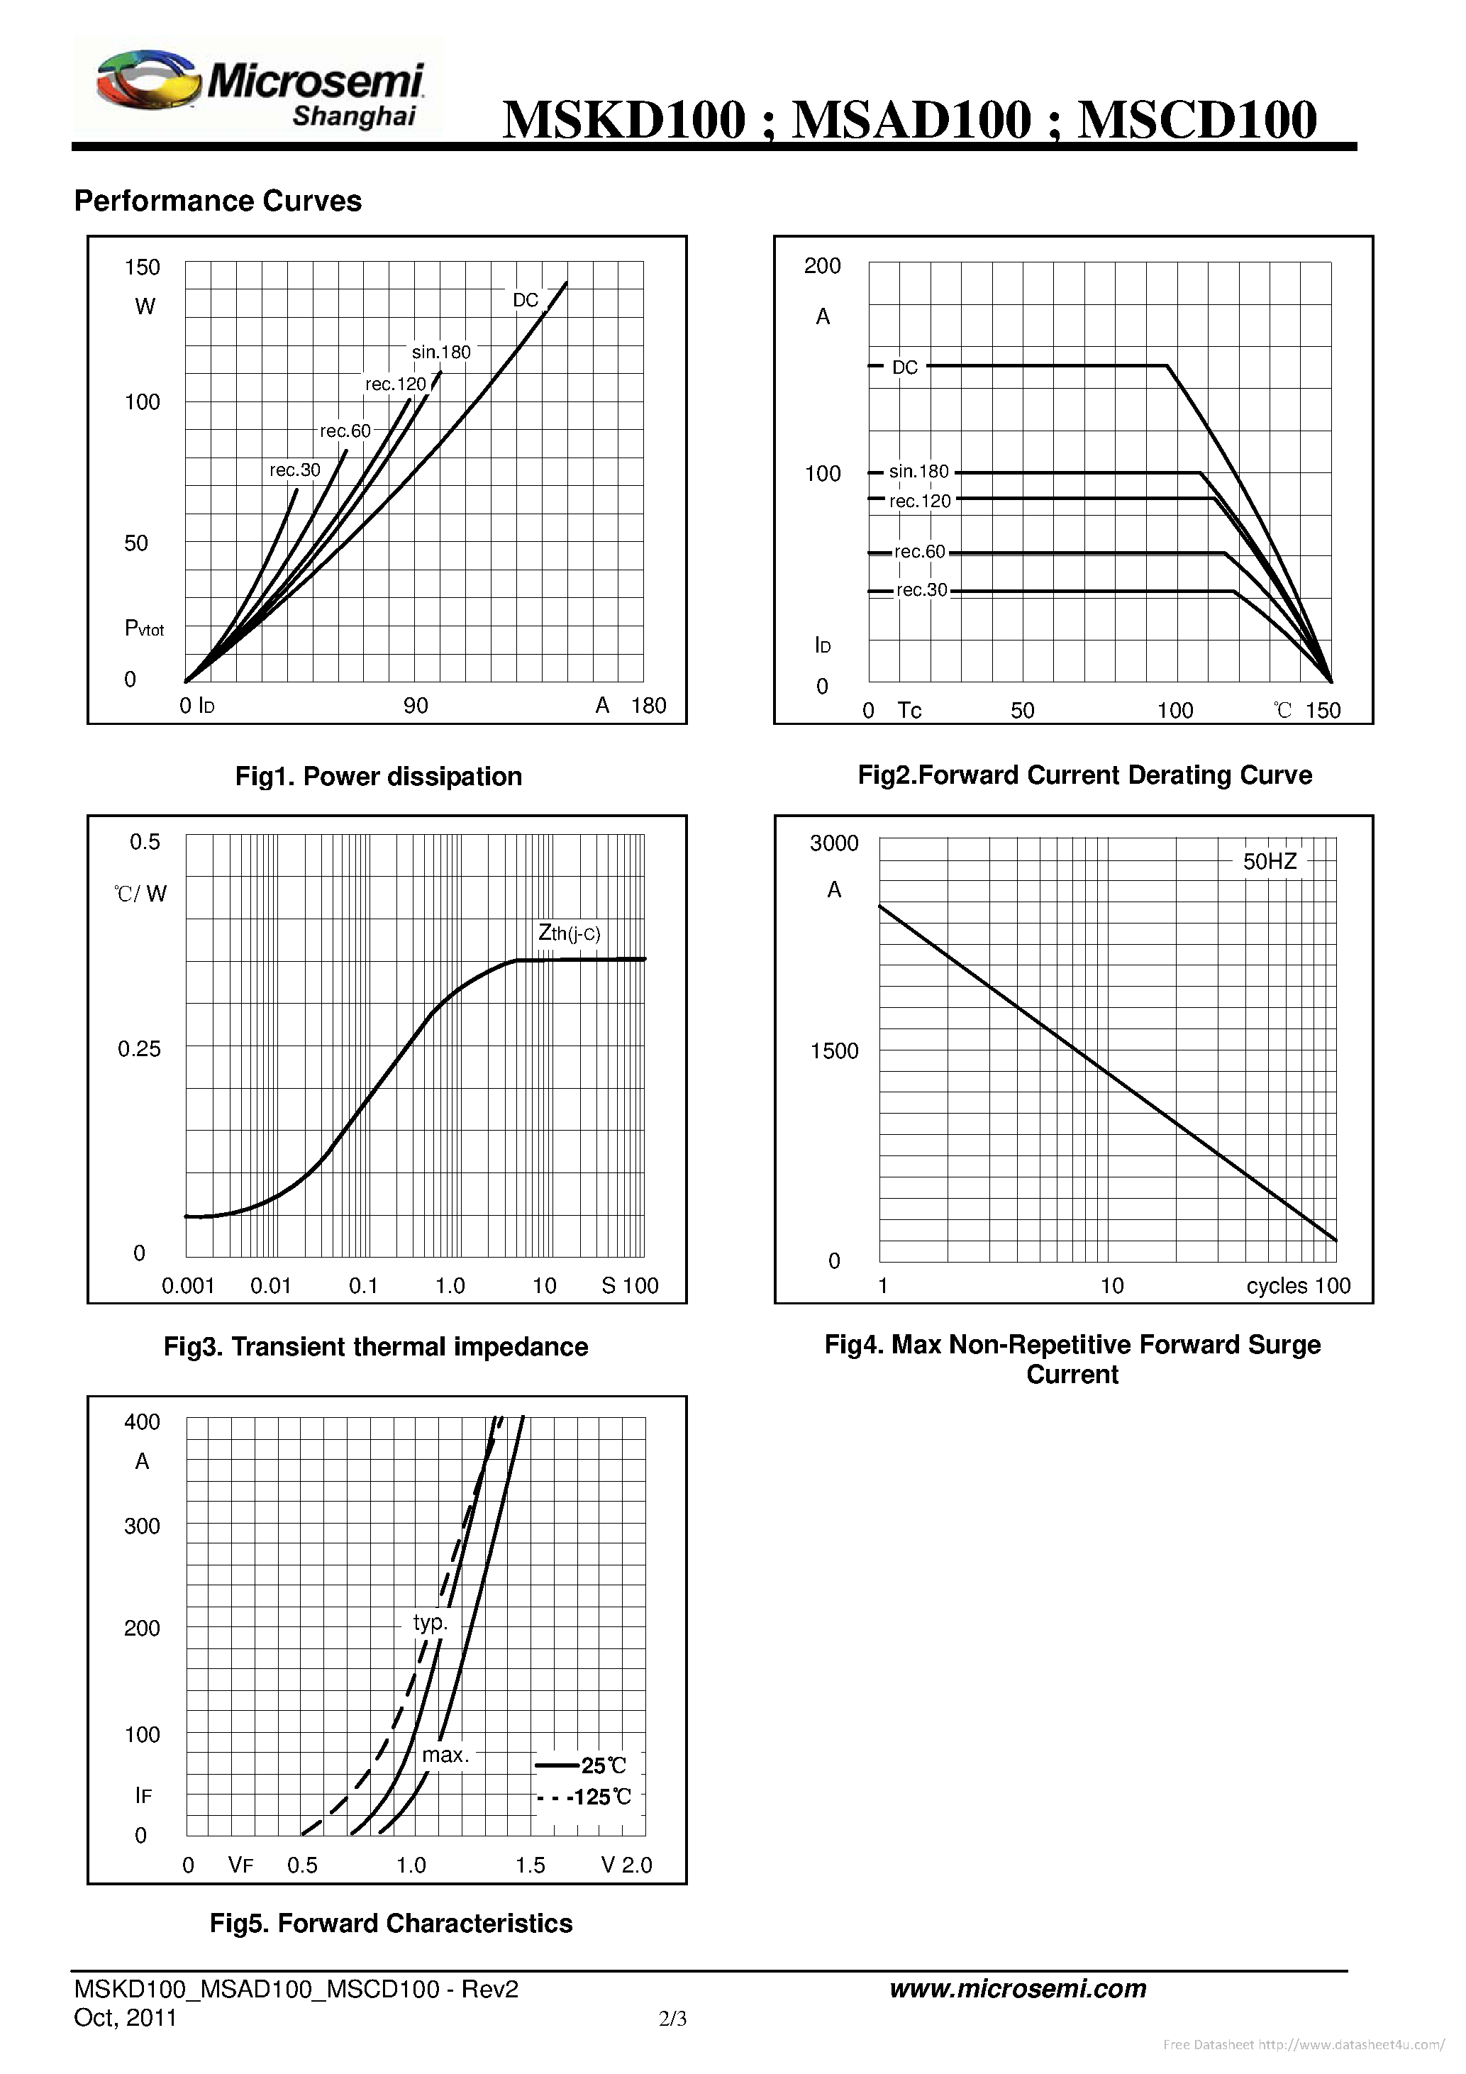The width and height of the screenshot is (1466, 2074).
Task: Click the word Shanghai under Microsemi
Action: [353, 116]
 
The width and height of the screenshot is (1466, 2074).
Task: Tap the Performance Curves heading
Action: [218, 201]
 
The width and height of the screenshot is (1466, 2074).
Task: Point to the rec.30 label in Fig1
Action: [294, 470]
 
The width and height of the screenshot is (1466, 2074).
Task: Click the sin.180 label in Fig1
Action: [441, 353]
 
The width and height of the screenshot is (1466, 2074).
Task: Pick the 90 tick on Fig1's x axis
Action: [416, 706]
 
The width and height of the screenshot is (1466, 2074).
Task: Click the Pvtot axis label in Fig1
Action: [143, 628]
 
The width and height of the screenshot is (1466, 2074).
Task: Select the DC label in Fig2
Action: [904, 367]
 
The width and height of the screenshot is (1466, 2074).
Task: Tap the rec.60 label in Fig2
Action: [918, 551]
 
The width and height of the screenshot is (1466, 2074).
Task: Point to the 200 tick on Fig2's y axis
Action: [822, 265]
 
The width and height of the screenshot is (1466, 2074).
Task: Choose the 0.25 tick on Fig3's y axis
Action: [139, 1049]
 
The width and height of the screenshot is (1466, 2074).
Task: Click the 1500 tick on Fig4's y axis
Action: [834, 1050]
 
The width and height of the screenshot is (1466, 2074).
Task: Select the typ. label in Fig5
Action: [430, 1621]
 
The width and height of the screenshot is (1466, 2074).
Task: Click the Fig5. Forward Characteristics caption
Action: [391, 1923]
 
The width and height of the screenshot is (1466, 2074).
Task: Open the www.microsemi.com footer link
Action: [1017, 1988]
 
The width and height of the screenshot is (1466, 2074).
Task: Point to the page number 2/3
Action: [673, 2018]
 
